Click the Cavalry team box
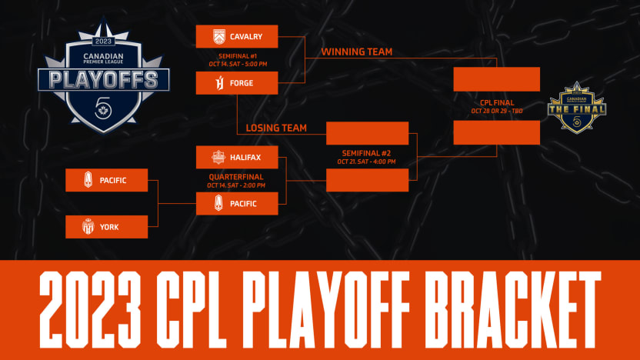[x=236, y=36]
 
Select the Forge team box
[x=236, y=83]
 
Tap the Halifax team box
[x=236, y=157]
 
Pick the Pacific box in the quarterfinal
[x=236, y=204]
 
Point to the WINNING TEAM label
[x=356, y=52]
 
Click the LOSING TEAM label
[x=276, y=128]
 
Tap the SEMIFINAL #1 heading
[x=236, y=55]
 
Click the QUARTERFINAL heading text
[x=236, y=176]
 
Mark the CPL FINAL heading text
[x=496, y=102]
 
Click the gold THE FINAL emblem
[x=577, y=108]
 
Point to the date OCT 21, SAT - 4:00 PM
[x=367, y=162]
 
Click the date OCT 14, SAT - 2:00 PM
[x=236, y=185]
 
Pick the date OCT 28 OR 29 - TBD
[x=496, y=110]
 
